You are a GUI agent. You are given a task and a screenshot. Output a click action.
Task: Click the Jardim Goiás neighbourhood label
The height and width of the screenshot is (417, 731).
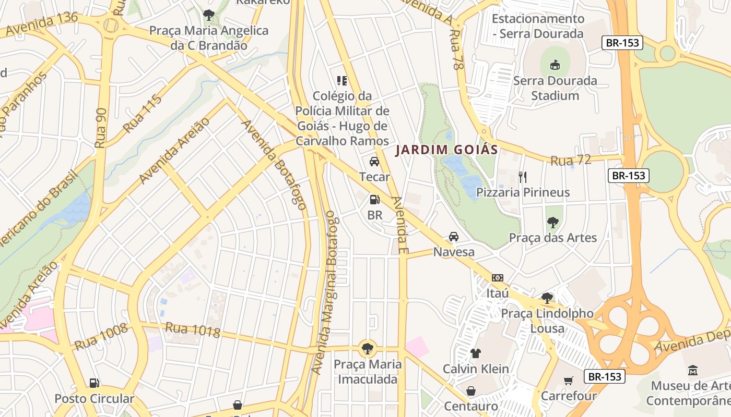coord(446,150)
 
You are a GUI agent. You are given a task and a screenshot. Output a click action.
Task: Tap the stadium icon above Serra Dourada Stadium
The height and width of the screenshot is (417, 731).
coord(555,65)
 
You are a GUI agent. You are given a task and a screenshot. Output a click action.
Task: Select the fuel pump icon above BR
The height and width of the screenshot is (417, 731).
coord(374,199)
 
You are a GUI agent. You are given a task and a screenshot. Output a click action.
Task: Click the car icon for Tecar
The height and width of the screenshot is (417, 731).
coord(374,161)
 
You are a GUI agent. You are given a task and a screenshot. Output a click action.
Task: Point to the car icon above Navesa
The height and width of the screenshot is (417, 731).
coord(454,237)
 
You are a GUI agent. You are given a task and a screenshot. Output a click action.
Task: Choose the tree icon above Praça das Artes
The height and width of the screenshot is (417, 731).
coord(552,223)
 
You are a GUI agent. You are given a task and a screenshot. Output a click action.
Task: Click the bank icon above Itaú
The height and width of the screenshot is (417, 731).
coord(498,278)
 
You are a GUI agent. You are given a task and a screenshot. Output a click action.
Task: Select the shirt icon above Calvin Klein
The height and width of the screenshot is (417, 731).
coord(475,353)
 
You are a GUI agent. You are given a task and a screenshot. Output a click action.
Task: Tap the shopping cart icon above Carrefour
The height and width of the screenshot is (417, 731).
coord(568,381)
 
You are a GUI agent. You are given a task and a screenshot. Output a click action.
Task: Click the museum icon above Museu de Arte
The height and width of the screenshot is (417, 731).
coord(693,370)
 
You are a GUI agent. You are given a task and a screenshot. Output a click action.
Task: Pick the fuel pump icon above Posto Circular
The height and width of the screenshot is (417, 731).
coord(95,383)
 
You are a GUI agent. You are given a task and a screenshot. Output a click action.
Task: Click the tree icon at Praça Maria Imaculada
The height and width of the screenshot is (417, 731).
coord(368,348)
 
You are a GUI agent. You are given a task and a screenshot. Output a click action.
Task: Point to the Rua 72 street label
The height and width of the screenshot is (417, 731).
coord(571,161)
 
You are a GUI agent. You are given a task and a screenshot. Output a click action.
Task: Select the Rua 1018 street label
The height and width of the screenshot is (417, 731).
coord(193,329)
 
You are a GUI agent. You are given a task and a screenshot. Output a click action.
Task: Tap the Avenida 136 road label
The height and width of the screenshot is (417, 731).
coord(42,24)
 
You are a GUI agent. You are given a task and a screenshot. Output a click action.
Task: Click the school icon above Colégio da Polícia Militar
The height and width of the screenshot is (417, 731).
coord(342,80)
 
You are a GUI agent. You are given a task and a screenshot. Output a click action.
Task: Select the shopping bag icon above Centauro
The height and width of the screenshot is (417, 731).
coord(470,390)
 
